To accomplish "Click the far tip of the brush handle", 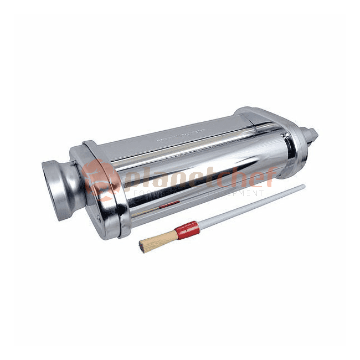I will point(304,187).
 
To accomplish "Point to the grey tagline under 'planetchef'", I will point(199,193).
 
